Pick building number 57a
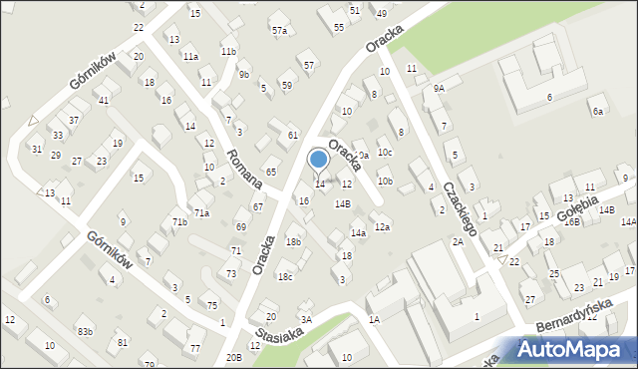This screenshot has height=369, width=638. point(279,31)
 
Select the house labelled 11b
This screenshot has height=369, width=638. point(229,51)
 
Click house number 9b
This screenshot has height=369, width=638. point(244,73)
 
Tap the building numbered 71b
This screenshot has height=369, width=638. point(179,221)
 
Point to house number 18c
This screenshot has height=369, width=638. point(285,276)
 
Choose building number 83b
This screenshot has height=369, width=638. point(86,331)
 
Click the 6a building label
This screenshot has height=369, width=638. point(597,112)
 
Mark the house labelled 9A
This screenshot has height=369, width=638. point(439,89)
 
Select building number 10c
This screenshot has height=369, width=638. point(385,152)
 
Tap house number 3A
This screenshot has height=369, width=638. point(307,319)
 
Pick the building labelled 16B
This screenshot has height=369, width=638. point(572,221)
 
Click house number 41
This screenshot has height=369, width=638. point(103,101)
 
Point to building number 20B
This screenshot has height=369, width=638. point(234,357)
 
